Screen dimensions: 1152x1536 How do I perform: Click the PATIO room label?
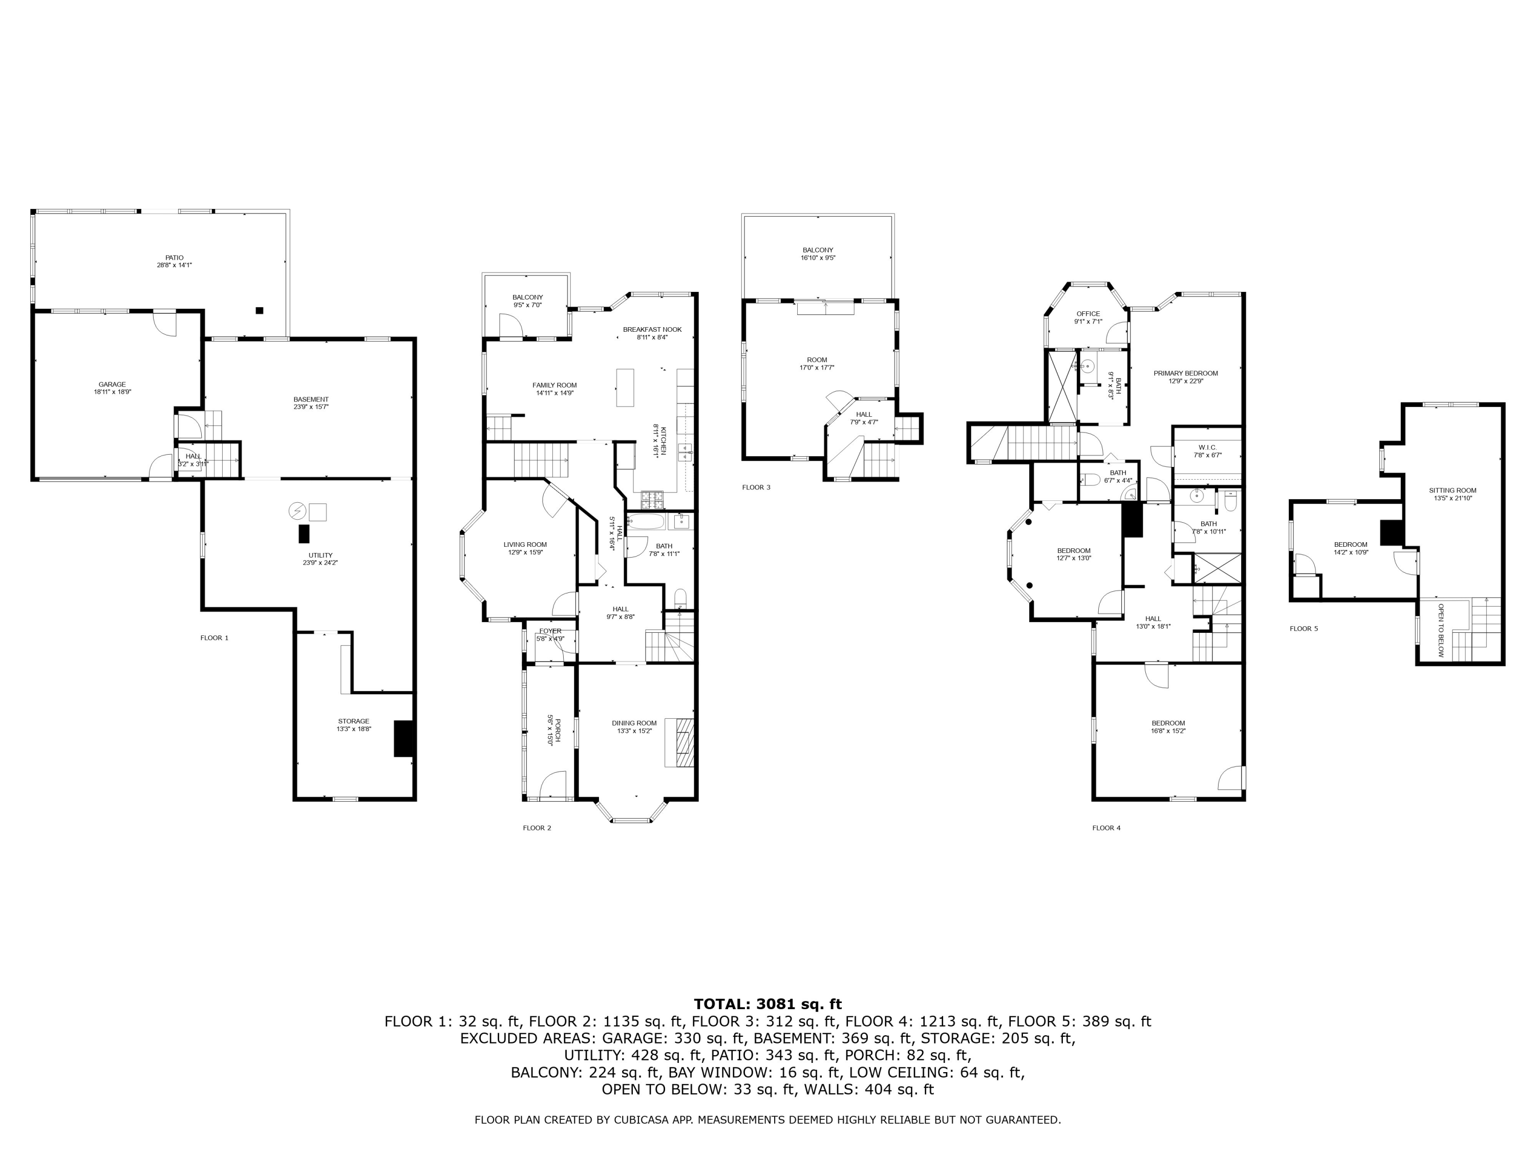174,258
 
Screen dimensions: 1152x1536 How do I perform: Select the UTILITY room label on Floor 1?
320,555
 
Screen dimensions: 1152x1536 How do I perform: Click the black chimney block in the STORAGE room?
403,738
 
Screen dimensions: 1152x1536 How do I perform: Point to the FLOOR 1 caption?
214,637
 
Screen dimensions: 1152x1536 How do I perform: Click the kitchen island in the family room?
625,388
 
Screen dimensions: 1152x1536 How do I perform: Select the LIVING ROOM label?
525,544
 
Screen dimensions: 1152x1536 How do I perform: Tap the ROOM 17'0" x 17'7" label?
817,360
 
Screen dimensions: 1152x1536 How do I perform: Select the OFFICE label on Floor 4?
1087,314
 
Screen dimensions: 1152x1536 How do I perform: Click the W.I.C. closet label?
1207,447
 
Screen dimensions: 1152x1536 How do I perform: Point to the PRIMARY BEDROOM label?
1185,373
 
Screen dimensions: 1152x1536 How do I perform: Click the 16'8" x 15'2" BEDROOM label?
1168,723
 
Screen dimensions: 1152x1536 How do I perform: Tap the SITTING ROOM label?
1452,490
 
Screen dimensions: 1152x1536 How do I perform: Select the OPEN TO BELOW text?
1441,630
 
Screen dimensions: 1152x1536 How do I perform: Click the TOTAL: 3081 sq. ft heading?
767,1004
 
